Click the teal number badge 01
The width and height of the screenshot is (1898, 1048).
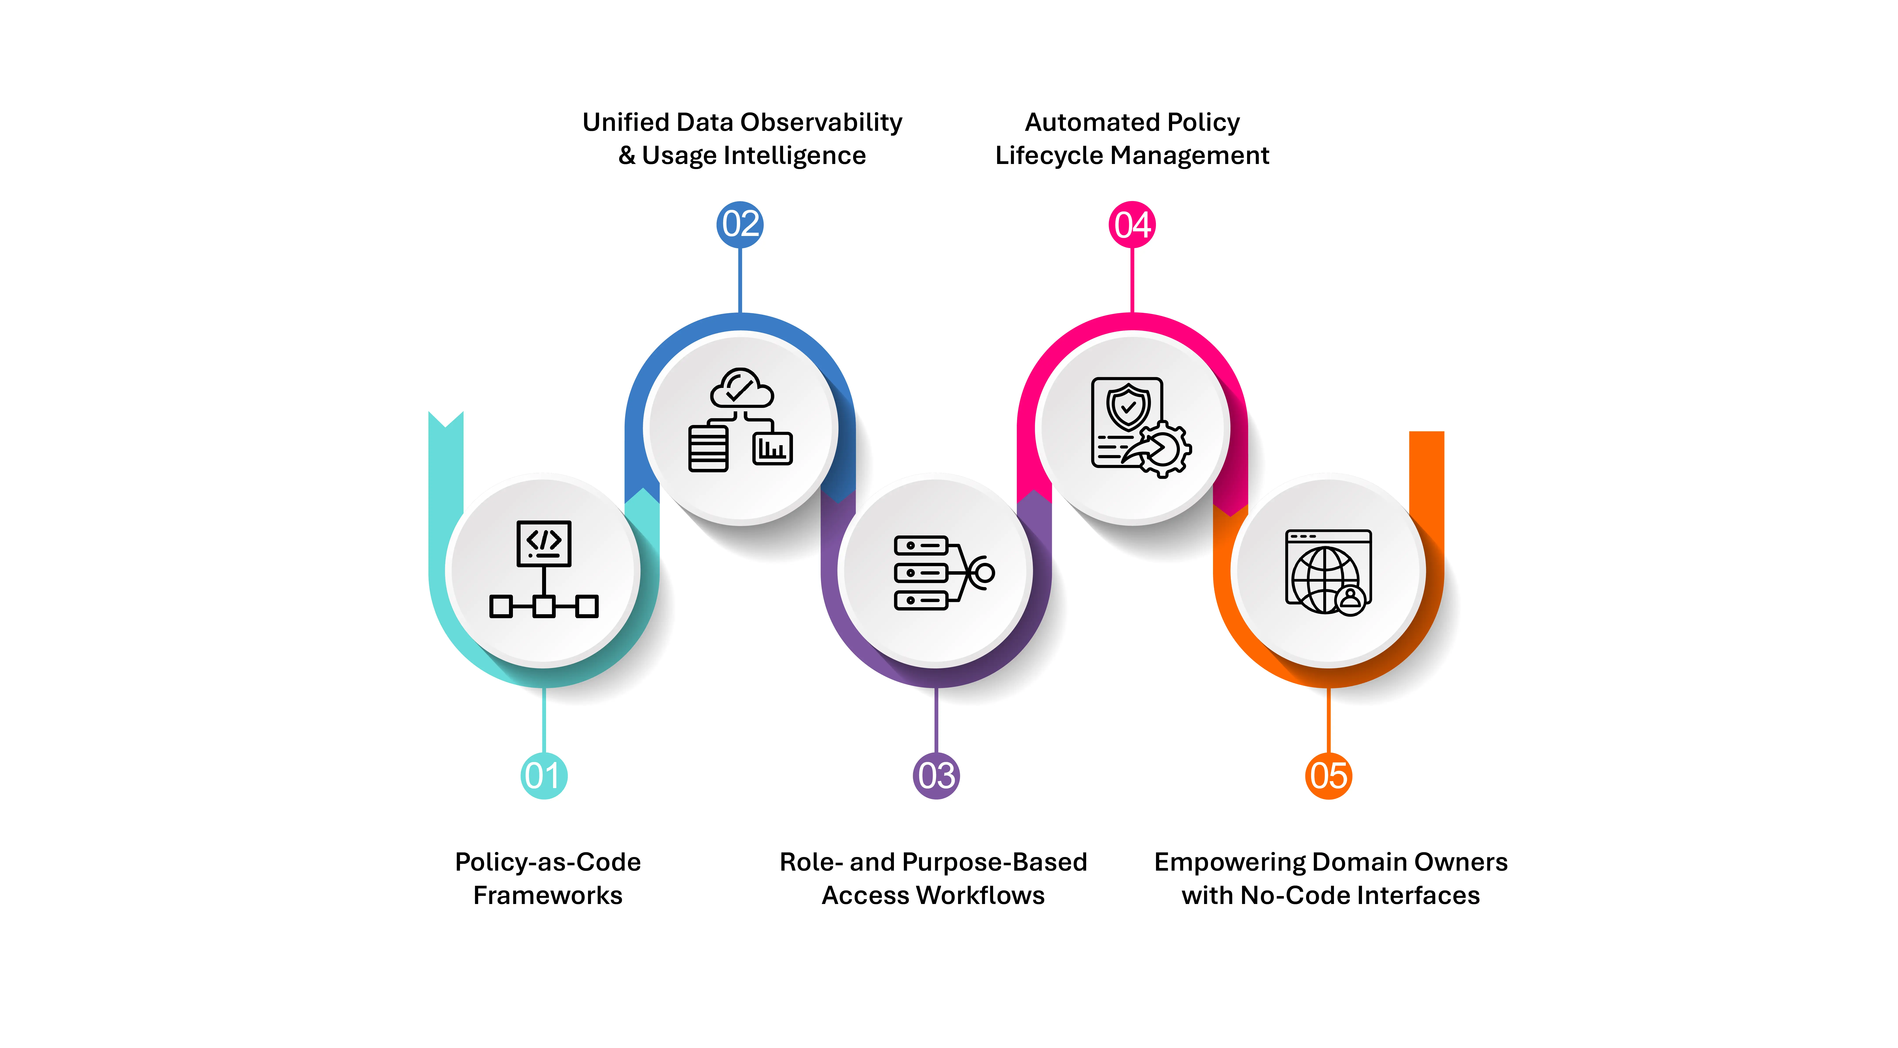pos(544,775)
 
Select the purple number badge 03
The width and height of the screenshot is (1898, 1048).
pos(936,775)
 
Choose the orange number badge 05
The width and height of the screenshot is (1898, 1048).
pos(1328,775)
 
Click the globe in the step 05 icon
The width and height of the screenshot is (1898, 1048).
pos(1325,579)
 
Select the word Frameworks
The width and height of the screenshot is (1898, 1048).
pos(547,895)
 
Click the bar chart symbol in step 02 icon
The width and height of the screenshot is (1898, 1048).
pos(772,448)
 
